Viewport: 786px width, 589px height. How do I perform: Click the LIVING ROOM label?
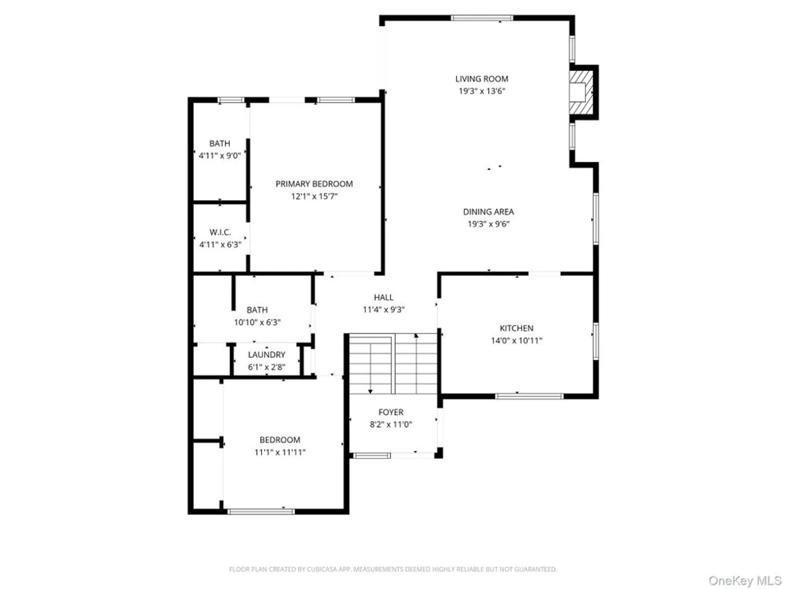(481, 79)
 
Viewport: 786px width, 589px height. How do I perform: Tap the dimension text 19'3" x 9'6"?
(488, 224)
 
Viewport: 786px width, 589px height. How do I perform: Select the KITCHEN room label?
(516, 328)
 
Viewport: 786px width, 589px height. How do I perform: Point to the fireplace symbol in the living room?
(581, 92)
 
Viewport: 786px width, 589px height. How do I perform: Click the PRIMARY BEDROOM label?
(314, 184)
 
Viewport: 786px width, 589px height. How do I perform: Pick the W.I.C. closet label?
(220, 232)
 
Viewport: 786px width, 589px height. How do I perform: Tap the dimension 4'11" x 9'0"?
(220, 155)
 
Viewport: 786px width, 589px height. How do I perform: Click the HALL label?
(384, 297)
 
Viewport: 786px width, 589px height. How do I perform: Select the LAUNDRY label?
(266, 355)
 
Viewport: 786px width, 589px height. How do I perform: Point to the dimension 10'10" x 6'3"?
(257, 322)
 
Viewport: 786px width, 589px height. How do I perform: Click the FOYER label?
(391, 412)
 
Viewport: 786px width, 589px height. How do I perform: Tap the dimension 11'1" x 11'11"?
(280, 452)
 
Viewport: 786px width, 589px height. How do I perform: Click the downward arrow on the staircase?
(370, 391)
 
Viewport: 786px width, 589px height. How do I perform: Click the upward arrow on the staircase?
(416, 336)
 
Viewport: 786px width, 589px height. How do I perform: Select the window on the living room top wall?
(481, 18)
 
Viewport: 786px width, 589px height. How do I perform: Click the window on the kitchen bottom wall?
(529, 396)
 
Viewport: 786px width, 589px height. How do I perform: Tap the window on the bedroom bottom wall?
(261, 511)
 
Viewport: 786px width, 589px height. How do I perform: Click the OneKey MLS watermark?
(745, 580)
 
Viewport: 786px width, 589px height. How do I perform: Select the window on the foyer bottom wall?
(371, 455)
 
